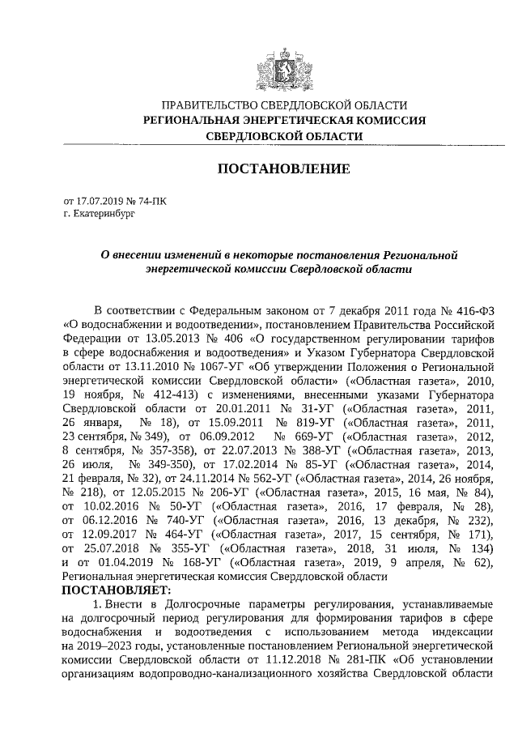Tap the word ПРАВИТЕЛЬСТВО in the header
[x=213, y=106]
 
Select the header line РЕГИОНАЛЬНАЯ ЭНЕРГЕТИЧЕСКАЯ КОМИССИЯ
[x=283, y=121]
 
